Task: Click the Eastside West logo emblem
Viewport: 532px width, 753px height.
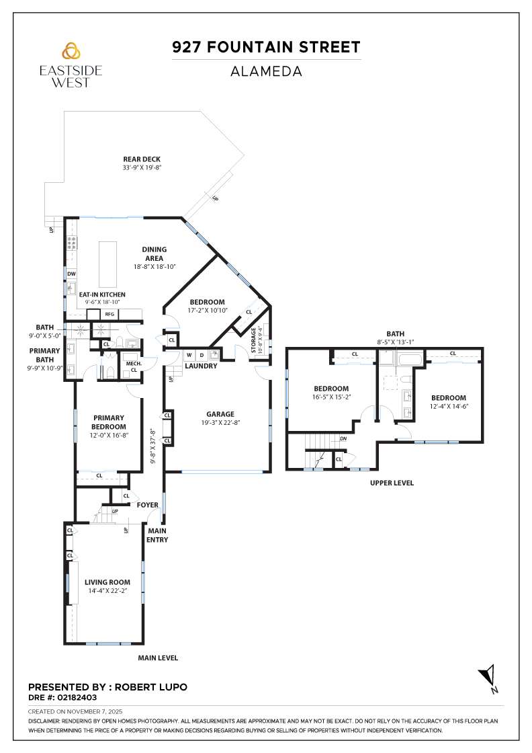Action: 71,51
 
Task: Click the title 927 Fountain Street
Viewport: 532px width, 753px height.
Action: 266,47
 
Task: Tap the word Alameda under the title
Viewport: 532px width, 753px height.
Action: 266,71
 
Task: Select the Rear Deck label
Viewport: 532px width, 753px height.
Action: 142,159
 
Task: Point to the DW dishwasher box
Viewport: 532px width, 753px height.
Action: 71,274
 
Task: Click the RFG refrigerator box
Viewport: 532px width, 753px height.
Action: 109,314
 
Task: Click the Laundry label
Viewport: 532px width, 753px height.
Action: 202,366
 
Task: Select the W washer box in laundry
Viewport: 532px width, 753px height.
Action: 189,354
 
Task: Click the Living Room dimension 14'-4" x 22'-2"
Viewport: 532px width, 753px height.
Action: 107,590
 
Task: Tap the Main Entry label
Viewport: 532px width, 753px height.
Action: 158,534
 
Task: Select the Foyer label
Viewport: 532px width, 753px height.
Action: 147,505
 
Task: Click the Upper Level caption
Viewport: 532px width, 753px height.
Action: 392,483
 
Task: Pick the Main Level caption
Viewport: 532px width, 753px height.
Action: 158,658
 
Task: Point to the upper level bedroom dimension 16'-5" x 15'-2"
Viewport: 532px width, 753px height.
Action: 331,397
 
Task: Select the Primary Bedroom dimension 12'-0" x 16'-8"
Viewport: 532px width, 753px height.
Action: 109,435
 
